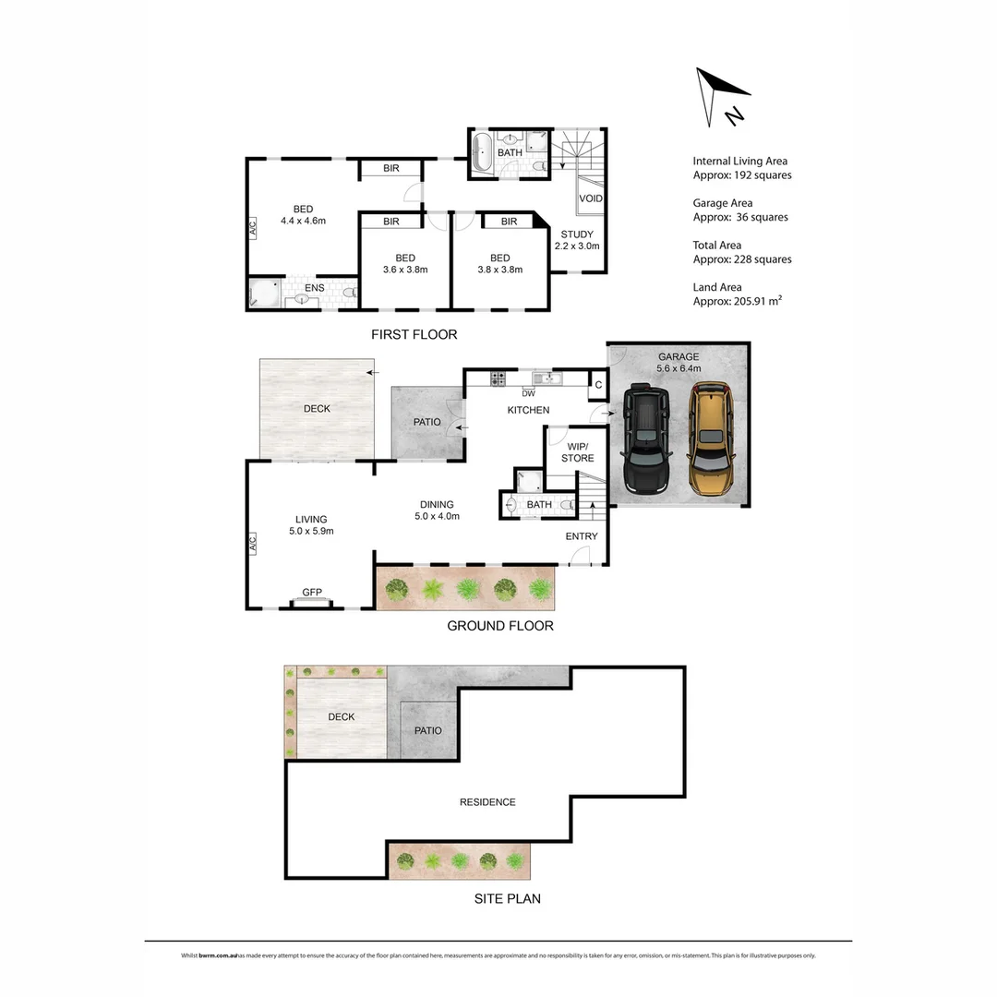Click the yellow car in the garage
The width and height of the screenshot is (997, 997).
(x=709, y=438)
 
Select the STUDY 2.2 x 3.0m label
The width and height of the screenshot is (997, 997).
(x=577, y=240)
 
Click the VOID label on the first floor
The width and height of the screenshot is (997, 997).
(x=590, y=198)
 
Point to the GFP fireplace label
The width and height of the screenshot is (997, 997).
(x=311, y=593)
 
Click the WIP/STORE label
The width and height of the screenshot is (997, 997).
(x=577, y=451)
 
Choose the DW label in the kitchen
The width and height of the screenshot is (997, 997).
(x=529, y=392)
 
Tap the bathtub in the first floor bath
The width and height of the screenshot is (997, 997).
(x=482, y=152)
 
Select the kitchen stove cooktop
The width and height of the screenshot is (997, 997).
(x=498, y=378)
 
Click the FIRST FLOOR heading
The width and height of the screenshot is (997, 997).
(x=414, y=334)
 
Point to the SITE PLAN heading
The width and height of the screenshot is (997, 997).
(x=507, y=898)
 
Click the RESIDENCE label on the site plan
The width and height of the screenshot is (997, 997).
(x=487, y=802)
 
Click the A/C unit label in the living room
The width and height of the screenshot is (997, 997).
(x=251, y=547)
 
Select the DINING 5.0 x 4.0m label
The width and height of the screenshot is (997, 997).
(x=437, y=510)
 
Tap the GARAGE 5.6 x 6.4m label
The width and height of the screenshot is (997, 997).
(x=679, y=362)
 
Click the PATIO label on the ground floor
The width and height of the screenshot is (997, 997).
(x=426, y=422)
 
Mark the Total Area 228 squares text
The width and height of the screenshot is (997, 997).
(x=741, y=252)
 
